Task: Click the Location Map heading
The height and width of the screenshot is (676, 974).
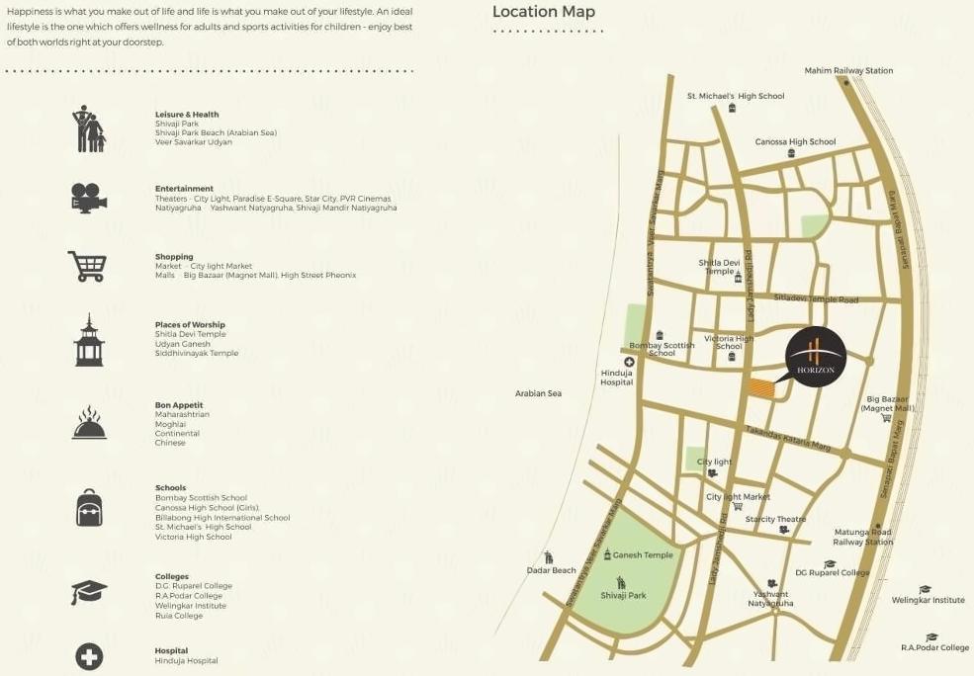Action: [x=544, y=13]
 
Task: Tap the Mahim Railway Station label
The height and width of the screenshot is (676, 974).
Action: [x=848, y=71]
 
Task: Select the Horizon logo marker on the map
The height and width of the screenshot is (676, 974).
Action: [x=816, y=357]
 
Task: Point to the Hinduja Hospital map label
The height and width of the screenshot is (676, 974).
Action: [x=616, y=378]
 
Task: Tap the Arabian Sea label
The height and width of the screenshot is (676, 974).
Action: [x=538, y=393]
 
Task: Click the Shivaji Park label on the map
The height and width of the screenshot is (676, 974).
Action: [x=623, y=595]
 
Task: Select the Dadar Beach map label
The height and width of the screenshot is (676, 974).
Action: [x=551, y=570]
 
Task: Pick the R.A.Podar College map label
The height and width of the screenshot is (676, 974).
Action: [x=934, y=647]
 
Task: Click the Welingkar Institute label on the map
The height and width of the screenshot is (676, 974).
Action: [x=928, y=600]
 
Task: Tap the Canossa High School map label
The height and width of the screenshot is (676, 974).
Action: [x=795, y=142]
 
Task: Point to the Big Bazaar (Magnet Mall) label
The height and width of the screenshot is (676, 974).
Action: [x=887, y=403]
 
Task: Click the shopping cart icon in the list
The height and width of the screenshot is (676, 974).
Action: [x=87, y=266]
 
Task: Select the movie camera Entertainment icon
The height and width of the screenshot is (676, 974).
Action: [x=88, y=198]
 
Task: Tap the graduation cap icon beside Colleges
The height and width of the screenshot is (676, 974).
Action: [x=89, y=592]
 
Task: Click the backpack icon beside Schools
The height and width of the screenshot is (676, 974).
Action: [x=89, y=507]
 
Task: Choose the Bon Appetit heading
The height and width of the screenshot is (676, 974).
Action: [x=179, y=405]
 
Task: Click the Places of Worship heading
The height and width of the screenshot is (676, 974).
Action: [x=190, y=324]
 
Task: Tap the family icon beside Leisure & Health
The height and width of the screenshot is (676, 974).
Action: [x=88, y=128]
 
